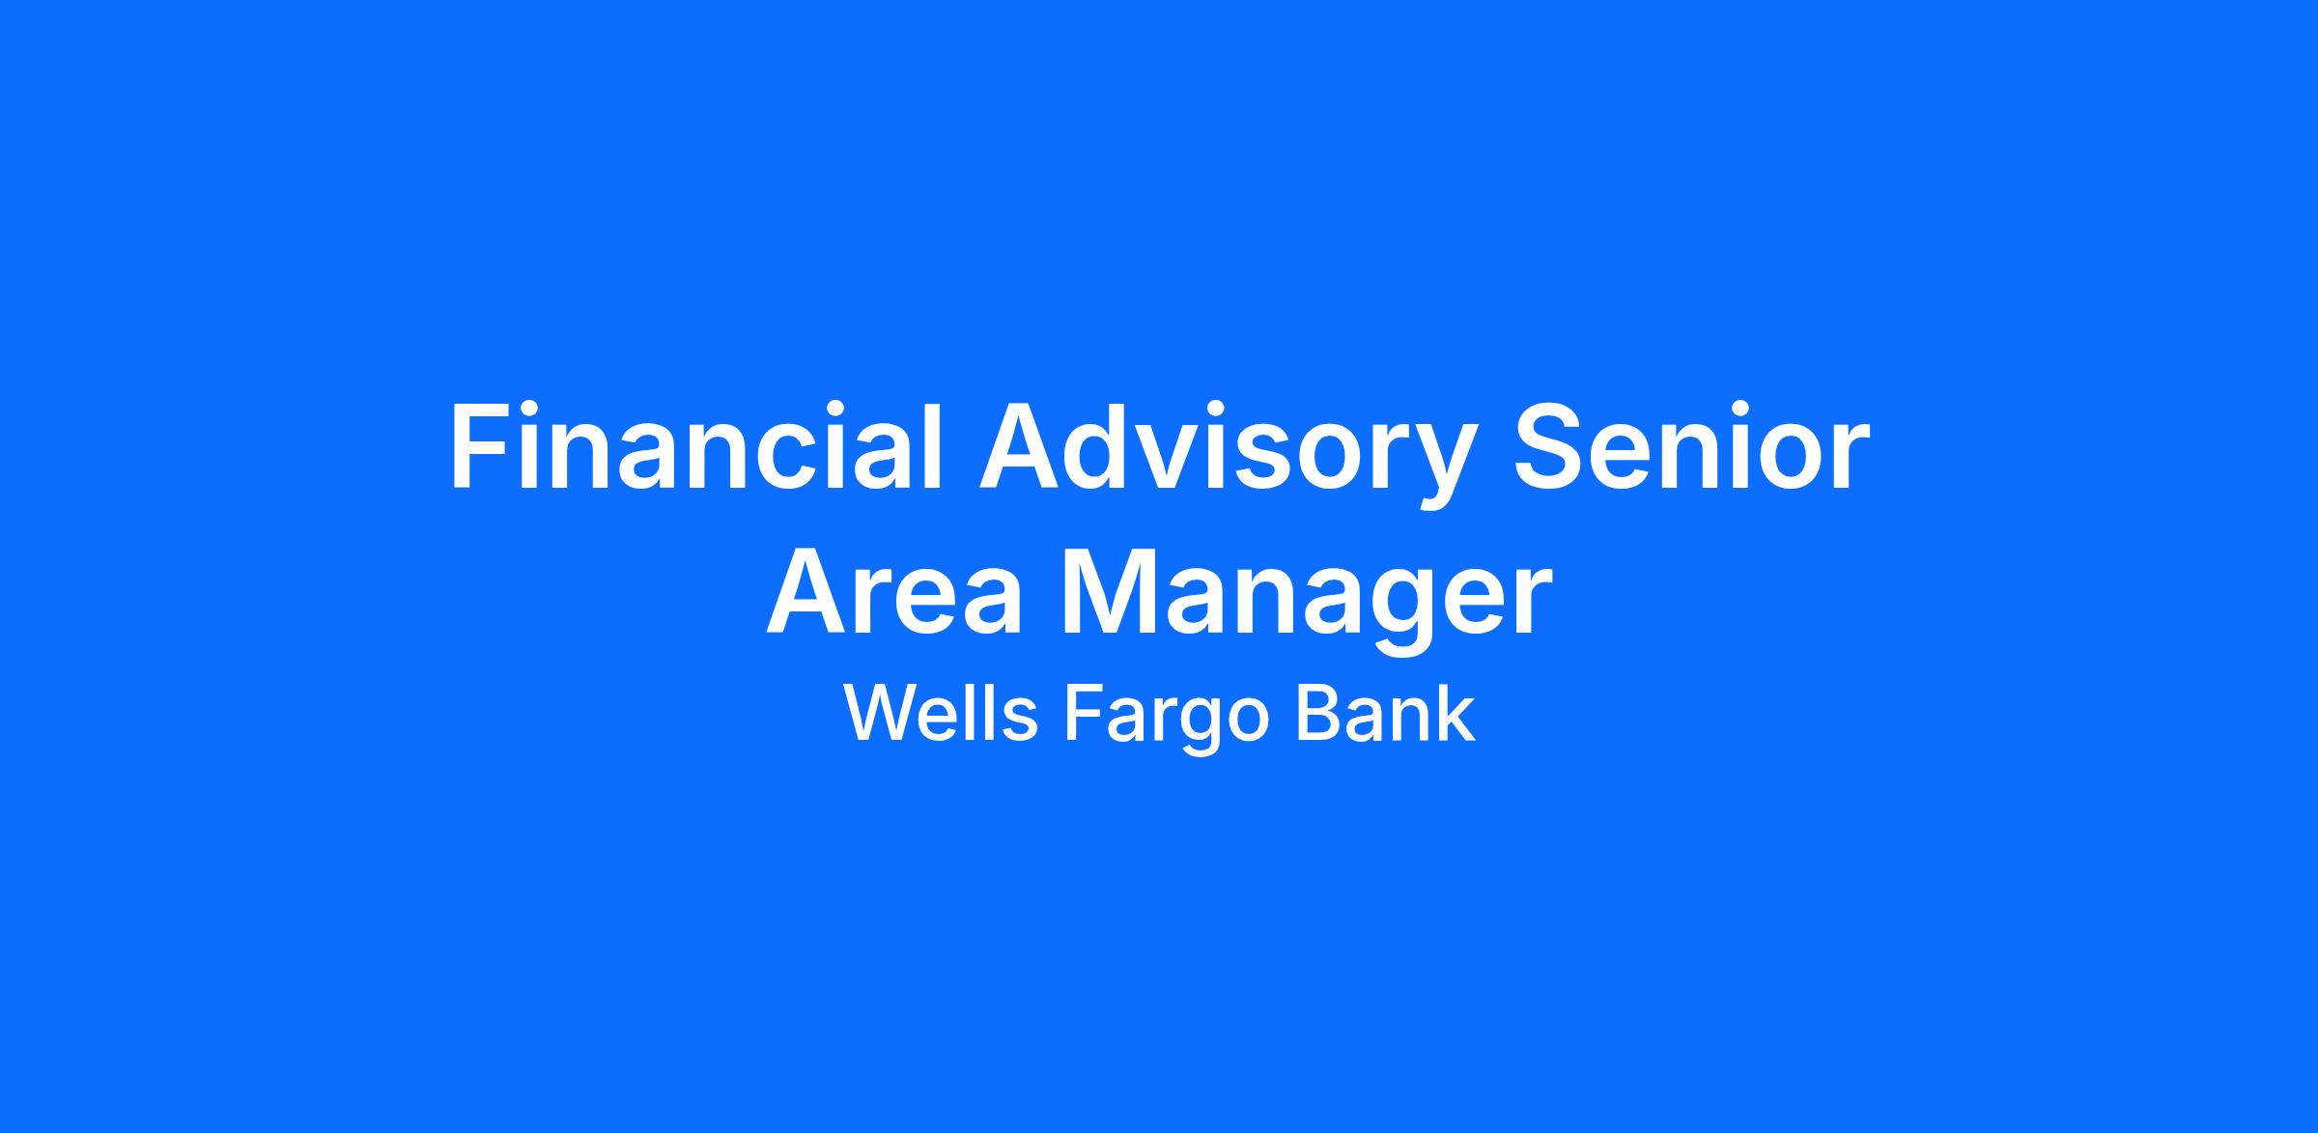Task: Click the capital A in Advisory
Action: [x=1019, y=447]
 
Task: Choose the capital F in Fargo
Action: [x=1083, y=714]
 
